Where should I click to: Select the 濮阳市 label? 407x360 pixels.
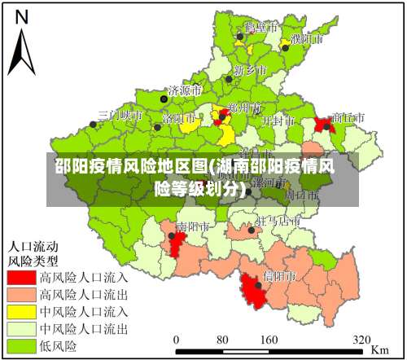click(307, 38)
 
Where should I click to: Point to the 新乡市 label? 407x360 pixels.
click(250, 70)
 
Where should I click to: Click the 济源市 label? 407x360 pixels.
click(185, 90)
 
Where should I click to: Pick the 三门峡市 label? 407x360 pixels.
click(120, 116)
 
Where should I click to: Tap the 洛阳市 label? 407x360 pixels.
click(179, 118)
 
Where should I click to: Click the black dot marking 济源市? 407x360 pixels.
click(164, 99)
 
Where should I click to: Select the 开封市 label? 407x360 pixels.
click(278, 120)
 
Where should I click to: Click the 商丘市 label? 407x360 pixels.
click(348, 117)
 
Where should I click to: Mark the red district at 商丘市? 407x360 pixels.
click(325, 125)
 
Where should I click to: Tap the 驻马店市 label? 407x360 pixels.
click(278, 221)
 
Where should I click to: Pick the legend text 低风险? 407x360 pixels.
click(59, 346)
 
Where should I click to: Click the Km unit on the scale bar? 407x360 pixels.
click(379, 348)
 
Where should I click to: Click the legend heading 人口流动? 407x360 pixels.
click(33, 245)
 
